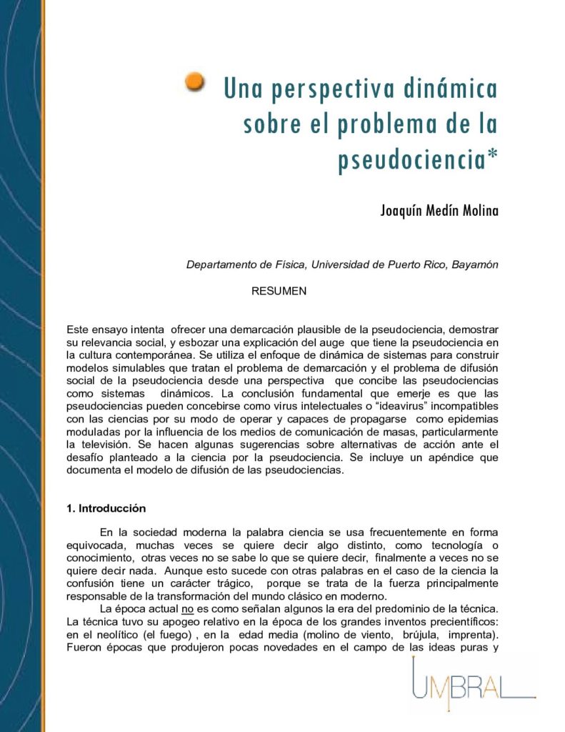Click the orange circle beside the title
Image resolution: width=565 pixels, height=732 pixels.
click(x=194, y=83)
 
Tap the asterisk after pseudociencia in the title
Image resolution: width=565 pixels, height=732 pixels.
click(x=490, y=158)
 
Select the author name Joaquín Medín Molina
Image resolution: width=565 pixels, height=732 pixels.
click(x=439, y=212)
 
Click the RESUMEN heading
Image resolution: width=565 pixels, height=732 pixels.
click(x=279, y=291)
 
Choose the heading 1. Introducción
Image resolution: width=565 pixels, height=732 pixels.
click(x=106, y=509)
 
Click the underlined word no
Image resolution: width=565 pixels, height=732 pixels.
click(x=188, y=609)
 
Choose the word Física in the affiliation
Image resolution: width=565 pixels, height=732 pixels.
click(x=289, y=264)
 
